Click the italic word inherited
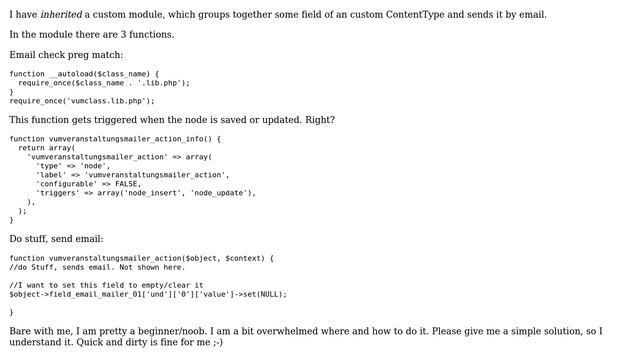coord(61,14)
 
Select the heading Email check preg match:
coord(66,54)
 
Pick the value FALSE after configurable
coord(127,184)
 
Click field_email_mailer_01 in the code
coord(92,294)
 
